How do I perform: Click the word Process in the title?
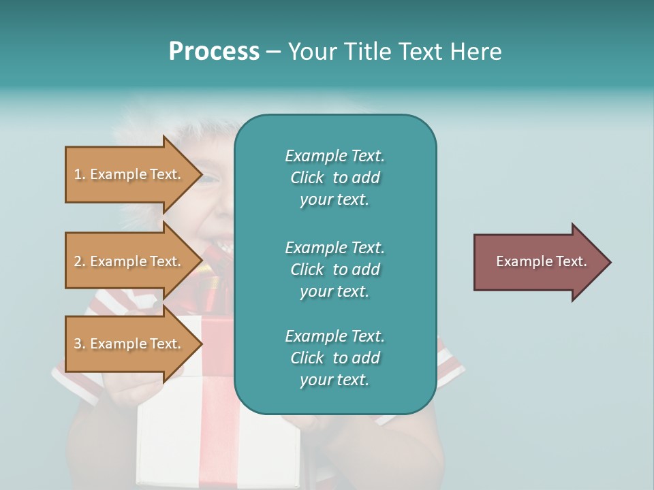tap(214, 52)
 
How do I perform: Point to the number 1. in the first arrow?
tap(80, 174)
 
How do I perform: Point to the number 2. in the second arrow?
tap(80, 261)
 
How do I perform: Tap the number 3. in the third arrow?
tap(80, 344)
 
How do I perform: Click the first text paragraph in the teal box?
tap(334, 178)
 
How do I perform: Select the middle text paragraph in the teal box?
tap(334, 269)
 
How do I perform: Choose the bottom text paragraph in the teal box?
tap(334, 358)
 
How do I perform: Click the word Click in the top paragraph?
tap(307, 178)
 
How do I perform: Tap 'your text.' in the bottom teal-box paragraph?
tap(334, 380)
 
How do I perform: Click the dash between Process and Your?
tap(273, 52)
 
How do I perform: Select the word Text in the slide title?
tap(420, 52)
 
